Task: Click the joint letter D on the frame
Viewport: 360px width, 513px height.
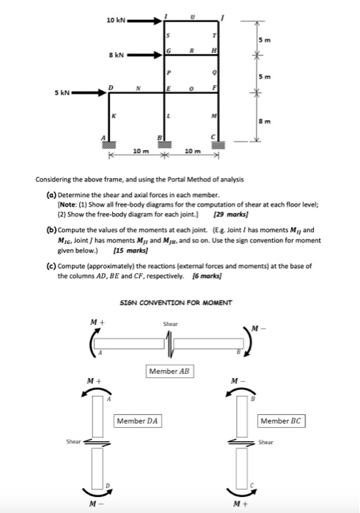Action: coord(110,87)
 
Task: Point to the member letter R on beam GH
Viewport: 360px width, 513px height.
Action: coord(193,50)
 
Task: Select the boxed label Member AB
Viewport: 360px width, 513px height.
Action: coord(169,372)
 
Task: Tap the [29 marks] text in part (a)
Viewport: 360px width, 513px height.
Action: coord(224,215)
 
